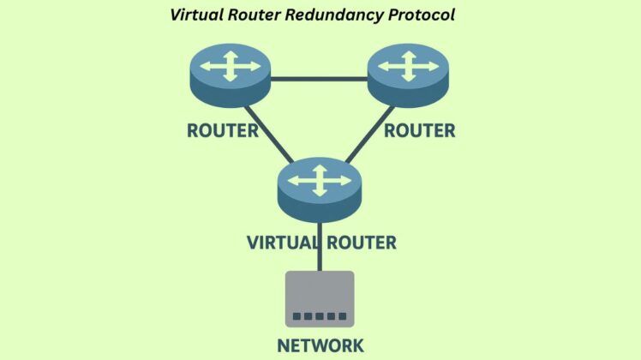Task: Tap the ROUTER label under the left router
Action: tap(223, 130)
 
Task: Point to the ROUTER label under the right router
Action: tap(419, 130)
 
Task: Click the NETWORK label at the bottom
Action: tap(320, 345)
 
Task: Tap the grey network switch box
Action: tap(320, 296)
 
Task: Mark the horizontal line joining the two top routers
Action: tap(319, 79)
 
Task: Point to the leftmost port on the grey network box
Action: tap(297, 317)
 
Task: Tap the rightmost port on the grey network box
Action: tap(343, 317)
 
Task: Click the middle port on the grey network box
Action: tap(320, 317)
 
